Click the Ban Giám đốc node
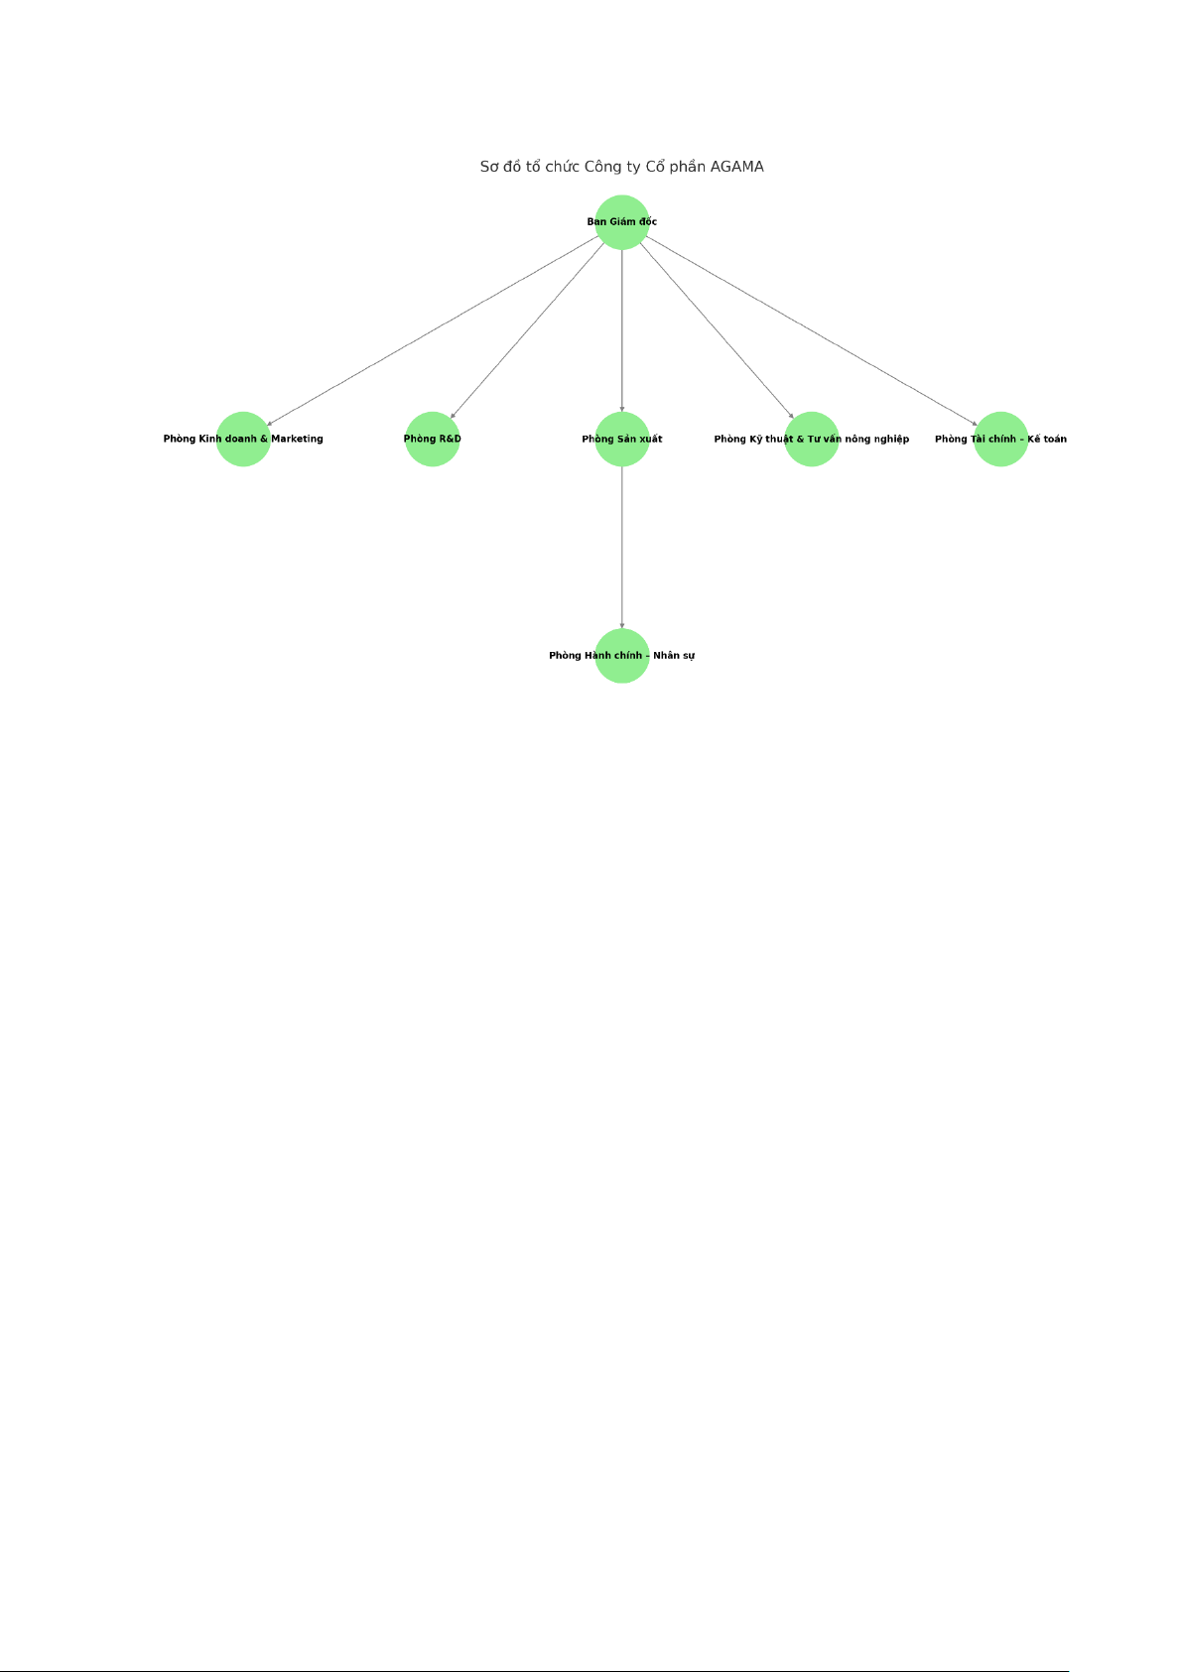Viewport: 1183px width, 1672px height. click(x=622, y=222)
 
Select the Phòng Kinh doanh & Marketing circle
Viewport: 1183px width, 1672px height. click(x=243, y=439)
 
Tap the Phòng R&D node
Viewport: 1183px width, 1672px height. click(x=433, y=439)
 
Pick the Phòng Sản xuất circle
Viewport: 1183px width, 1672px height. click(x=622, y=439)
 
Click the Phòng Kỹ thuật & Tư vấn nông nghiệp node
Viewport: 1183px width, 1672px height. click(x=812, y=439)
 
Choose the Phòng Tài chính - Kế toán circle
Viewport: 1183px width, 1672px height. click(x=1000, y=439)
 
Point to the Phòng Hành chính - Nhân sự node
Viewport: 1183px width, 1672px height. click(x=622, y=656)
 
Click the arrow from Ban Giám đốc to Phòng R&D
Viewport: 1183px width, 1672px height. click(x=526, y=330)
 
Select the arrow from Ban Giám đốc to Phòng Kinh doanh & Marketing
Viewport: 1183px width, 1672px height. click(x=433, y=330)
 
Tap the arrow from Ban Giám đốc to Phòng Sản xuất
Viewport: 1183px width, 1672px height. click(x=622, y=330)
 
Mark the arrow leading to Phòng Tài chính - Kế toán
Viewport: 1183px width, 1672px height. click(x=812, y=330)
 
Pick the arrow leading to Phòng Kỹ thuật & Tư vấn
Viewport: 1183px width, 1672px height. click(x=718, y=330)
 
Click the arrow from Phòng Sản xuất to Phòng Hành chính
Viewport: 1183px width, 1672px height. click(x=622, y=548)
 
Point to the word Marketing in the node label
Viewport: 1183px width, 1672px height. click(x=297, y=439)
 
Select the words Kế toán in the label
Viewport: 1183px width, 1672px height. click(x=1047, y=439)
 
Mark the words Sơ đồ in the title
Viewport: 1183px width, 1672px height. click(x=500, y=167)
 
